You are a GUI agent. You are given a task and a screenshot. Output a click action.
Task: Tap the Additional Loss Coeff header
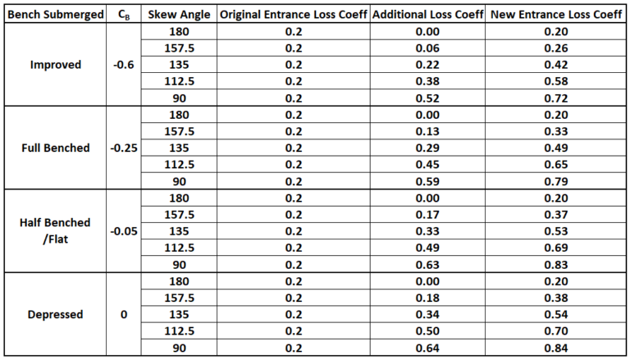[x=426, y=15]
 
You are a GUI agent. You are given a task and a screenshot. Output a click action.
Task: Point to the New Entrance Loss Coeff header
[x=556, y=15]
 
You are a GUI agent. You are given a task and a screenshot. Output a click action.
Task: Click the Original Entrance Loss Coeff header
[x=293, y=15]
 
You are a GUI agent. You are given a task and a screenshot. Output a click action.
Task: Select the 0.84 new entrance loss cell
[x=556, y=347]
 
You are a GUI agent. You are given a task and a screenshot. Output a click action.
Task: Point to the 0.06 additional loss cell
[x=426, y=48]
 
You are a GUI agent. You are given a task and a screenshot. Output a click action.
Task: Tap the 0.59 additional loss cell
[x=426, y=181]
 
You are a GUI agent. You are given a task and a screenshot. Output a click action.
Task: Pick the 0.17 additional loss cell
[x=426, y=214]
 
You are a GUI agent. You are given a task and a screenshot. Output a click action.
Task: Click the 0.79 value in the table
[x=556, y=181]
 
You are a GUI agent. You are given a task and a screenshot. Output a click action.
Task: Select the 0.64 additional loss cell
[x=426, y=347]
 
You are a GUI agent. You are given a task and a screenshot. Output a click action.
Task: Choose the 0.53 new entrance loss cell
[x=556, y=230]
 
